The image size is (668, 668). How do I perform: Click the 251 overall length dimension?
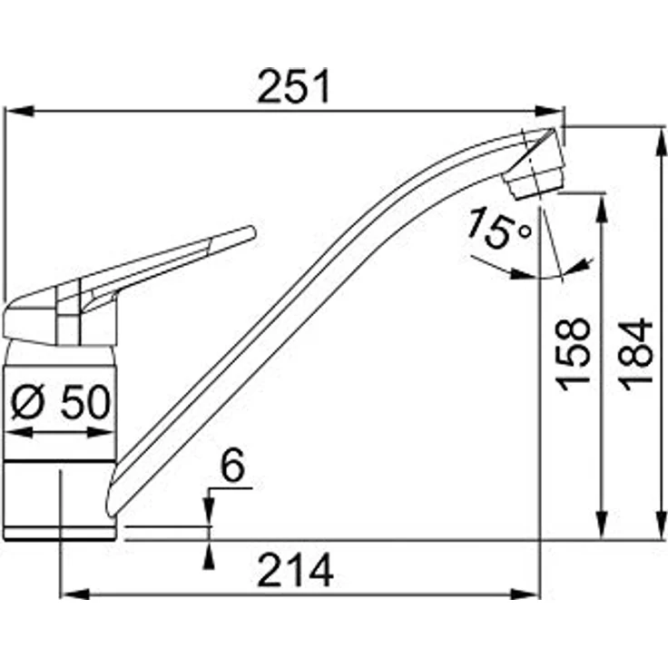[x=293, y=86]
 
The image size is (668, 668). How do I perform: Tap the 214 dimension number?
[x=295, y=570]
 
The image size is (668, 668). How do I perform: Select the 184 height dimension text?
[x=635, y=355]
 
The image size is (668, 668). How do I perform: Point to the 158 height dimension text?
[x=574, y=355]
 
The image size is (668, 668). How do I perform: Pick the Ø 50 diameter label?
[x=61, y=403]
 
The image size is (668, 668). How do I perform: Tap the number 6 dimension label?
[x=232, y=466]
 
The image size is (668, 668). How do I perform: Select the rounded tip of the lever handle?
[x=251, y=232]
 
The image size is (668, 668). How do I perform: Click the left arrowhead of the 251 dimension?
[x=20, y=111]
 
